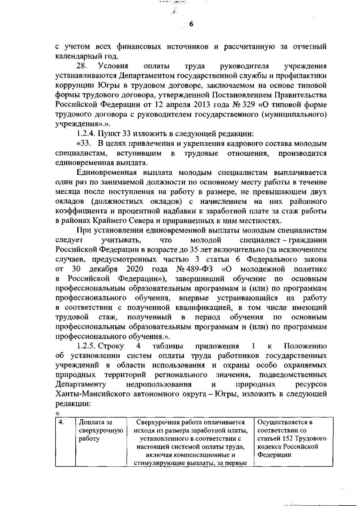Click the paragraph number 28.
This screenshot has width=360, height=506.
point(81,66)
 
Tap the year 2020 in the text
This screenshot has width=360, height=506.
point(134,269)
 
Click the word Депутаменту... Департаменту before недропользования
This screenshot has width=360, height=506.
point(80,385)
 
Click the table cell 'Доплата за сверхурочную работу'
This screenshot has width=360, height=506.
point(100,430)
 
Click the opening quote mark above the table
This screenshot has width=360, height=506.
point(58,414)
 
